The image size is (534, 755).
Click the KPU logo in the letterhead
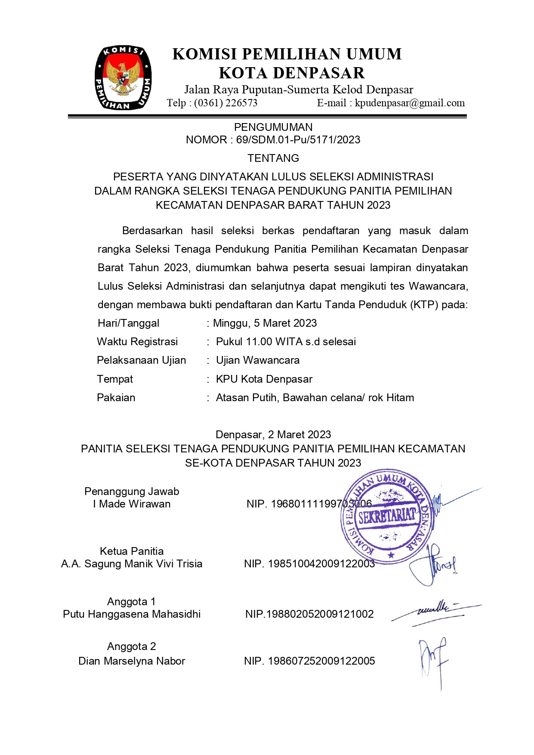[123, 77]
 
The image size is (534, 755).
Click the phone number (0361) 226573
[225, 103]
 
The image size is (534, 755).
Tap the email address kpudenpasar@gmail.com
[410, 103]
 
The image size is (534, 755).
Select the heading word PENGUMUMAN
[273, 127]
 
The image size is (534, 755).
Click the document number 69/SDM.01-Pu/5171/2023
[298, 139]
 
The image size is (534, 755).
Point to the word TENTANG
[273, 158]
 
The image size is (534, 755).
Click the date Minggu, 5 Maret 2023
[265, 323]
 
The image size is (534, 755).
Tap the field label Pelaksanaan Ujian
[141, 360]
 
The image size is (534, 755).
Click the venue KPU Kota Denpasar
[264, 379]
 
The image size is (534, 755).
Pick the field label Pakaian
[116, 398]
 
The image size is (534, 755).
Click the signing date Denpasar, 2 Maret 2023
[273, 434]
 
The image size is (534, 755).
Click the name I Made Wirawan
[132, 504]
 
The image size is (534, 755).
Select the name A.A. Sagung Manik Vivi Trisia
[132, 564]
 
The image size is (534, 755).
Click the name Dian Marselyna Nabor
[132, 661]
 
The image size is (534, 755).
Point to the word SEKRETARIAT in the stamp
[387, 515]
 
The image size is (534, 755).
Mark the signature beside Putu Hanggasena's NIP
[435, 612]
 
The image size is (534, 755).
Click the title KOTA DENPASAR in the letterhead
[292, 73]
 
